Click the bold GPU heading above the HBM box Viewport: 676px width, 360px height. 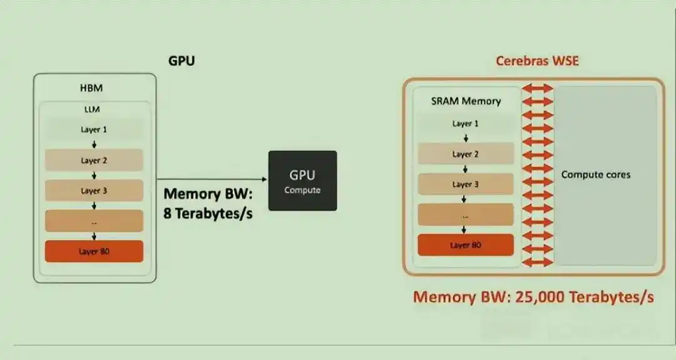click(182, 61)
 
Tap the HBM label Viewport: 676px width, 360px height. click(91, 88)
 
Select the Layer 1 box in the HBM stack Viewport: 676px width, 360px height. click(94, 130)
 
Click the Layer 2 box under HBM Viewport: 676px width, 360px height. click(94, 160)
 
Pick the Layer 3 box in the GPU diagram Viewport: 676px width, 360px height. click(94, 190)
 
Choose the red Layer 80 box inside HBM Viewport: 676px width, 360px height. click(94, 251)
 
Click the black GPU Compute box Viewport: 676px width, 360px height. click(303, 181)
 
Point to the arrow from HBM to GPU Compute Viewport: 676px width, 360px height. click(212, 179)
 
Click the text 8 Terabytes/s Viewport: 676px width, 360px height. click(208, 213)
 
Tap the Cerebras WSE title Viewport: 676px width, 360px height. click(537, 61)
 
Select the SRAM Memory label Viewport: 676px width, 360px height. click(466, 101)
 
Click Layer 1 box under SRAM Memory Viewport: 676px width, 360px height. click(466, 124)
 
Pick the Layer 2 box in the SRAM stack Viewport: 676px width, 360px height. click(466, 154)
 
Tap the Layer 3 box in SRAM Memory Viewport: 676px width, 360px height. click(466, 185)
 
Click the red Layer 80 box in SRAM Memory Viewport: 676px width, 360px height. click(466, 245)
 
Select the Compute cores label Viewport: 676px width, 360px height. click(596, 175)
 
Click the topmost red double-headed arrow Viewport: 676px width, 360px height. click(537, 88)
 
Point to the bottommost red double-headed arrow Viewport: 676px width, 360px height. click(537, 262)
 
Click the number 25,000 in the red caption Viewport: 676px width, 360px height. click(540, 297)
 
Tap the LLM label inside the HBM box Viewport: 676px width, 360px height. click(92, 110)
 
